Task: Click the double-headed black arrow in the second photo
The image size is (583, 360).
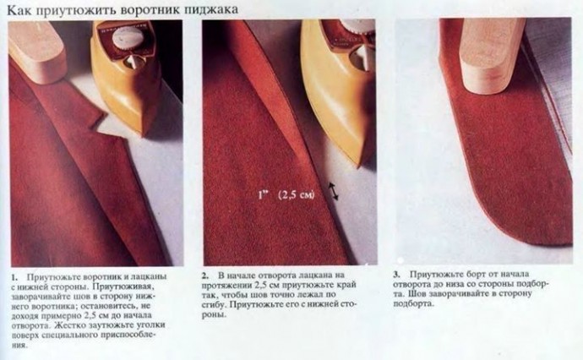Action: (333, 191)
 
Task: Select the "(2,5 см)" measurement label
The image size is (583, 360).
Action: (297, 195)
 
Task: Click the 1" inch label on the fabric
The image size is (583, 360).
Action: (264, 194)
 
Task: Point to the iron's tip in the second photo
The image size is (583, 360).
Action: (359, 163)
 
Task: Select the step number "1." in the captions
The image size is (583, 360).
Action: (14, 277)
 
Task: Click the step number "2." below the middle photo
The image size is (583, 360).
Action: (205, 275)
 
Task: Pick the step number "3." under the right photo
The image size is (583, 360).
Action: (397, 275)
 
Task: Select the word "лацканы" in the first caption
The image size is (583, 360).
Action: (148, 277)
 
